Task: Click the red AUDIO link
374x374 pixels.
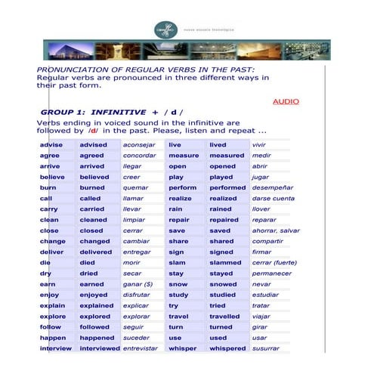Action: point(286,101)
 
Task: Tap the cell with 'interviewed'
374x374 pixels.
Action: point(99,348)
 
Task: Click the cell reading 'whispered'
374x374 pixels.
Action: point(227,348)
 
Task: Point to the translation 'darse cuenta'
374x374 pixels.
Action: point(274,198)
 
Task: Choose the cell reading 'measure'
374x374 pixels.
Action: point(184,155)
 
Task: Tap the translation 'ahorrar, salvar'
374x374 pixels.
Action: point(276,230)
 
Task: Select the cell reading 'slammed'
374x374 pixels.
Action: point(225,262)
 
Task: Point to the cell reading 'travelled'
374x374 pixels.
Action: point(226,317)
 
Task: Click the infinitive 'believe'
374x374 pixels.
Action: point(53,176)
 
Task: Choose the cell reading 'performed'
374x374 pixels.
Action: point(227,187)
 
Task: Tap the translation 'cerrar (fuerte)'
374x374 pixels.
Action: point(276,262)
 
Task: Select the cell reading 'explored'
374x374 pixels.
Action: point(94,317)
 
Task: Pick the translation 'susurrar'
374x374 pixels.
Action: point(266,348)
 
